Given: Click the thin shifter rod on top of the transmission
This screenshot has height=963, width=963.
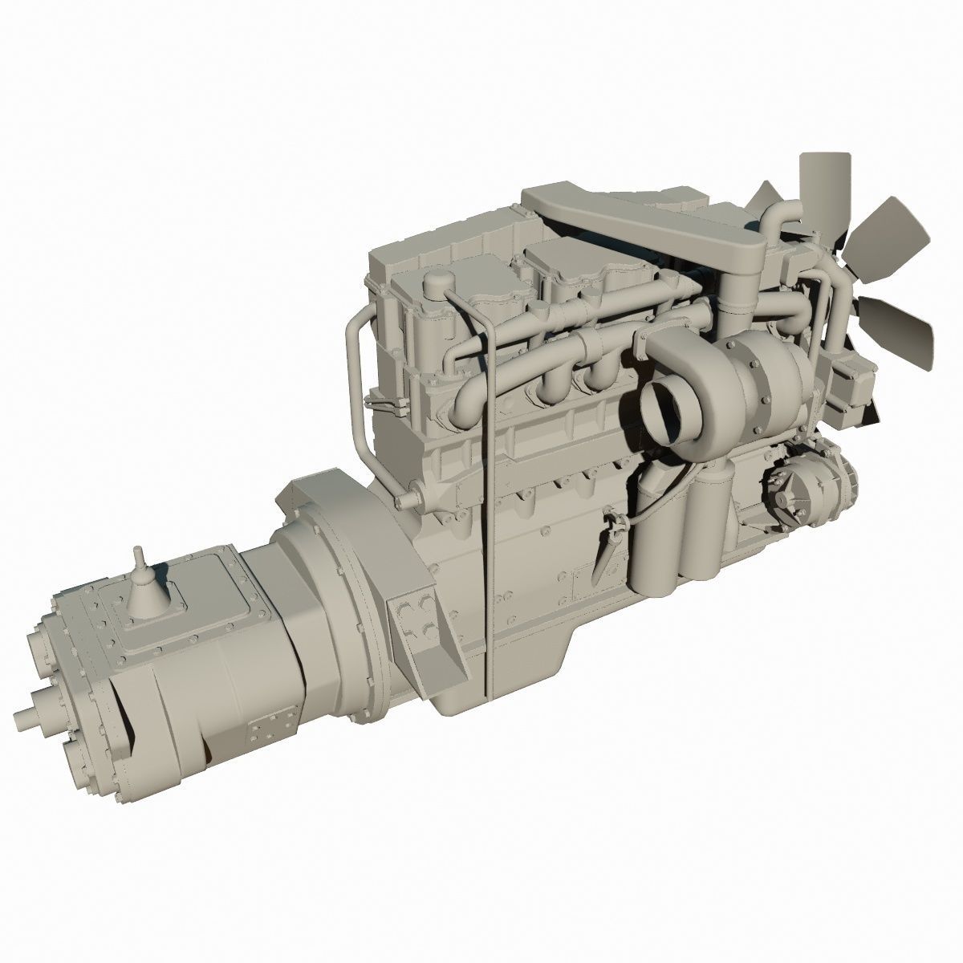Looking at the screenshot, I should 139,559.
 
